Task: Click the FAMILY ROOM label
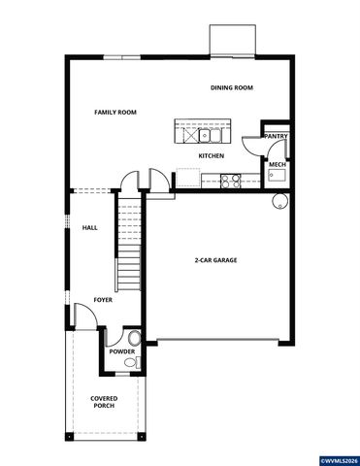click(x=115, y=113)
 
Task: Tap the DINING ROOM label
click(x=231, y=88)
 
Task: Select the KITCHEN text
click(x=212, y=155)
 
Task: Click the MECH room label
click(x=277, y=165)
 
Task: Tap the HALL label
click(x=89, y=227)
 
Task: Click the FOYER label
click(x=103, y=300)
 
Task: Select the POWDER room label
click(x=121, y=351)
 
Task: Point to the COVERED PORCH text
click(x=104, y=402)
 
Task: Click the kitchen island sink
click(x=208, y=129)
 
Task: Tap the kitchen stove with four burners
click(x=231, y=179)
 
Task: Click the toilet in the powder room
click(x=134, y=338)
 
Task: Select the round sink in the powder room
click(x=139, y=362)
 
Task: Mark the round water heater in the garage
click(x=279, y=203)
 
